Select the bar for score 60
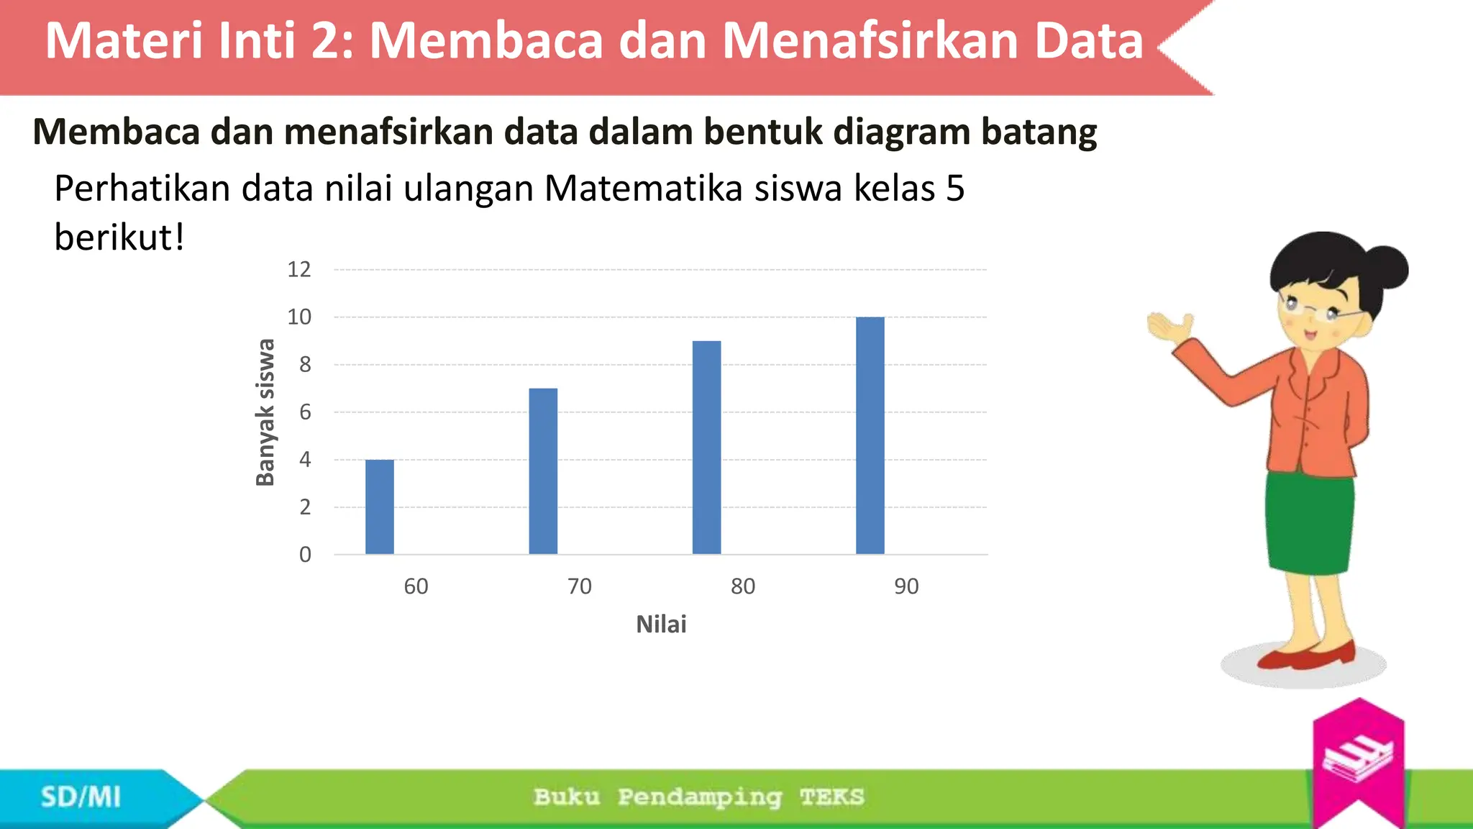pos(379,507)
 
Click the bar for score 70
pos(543,471)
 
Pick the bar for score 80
pos(706,448)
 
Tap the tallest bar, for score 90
pos(870,435)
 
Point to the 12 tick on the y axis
pos(299,270)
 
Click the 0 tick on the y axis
pos(305,555)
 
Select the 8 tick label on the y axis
pos(305,365)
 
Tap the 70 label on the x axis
pos(579,586)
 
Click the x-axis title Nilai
pos(661,625)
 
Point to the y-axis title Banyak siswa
pos(265,412)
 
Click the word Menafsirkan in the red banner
pos(869,41)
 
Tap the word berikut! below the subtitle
pos(119,237)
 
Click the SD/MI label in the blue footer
pos(81,797)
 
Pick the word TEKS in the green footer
pos(831,797)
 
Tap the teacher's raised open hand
pos(1169,328)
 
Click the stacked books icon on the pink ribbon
pos(1357,759)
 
